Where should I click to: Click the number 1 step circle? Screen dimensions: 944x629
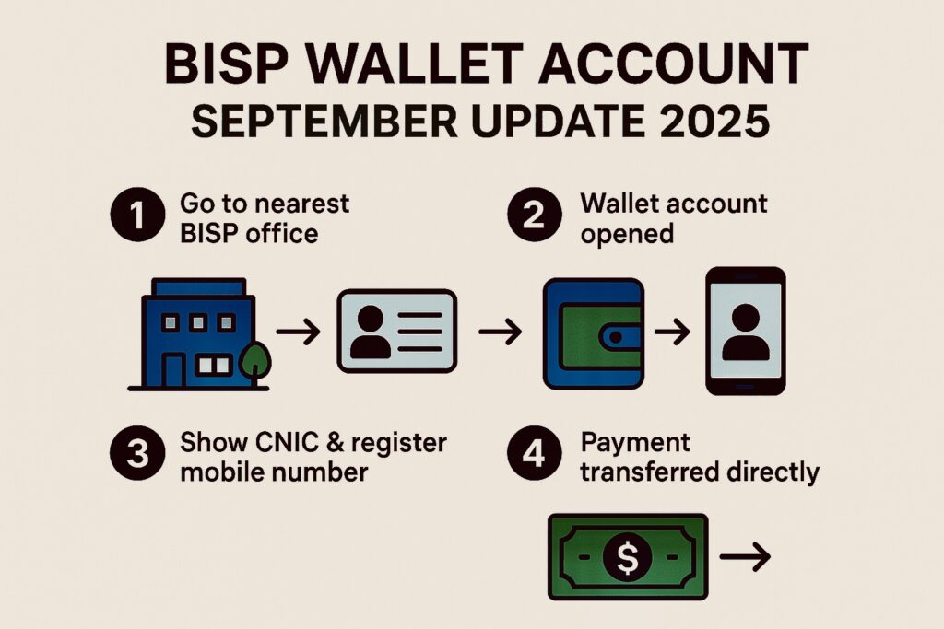click(138, 215)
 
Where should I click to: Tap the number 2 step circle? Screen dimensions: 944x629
click(535, 215)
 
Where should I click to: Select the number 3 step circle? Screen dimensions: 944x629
click(138, 453)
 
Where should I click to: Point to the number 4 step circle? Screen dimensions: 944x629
click(535, 453)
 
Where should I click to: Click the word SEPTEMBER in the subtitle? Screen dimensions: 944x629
click(324, 121)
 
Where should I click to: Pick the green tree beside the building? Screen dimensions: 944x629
click(254, 364)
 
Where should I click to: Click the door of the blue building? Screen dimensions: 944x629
click(174, 371)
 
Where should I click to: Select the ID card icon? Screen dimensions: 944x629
click(397, 331)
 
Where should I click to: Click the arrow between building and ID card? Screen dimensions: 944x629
click(298, 332)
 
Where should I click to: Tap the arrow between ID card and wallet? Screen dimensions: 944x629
click(501, 332)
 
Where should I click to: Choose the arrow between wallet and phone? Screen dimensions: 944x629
click(672, 332)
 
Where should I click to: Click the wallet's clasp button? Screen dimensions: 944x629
click(615, 338)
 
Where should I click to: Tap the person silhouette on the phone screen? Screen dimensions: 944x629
click(746, 332)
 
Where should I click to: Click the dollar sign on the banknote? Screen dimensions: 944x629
click(627, 557)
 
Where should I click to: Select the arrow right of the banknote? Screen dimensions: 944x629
click(745, 556)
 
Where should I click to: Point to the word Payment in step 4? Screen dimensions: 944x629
click(635, 443)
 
